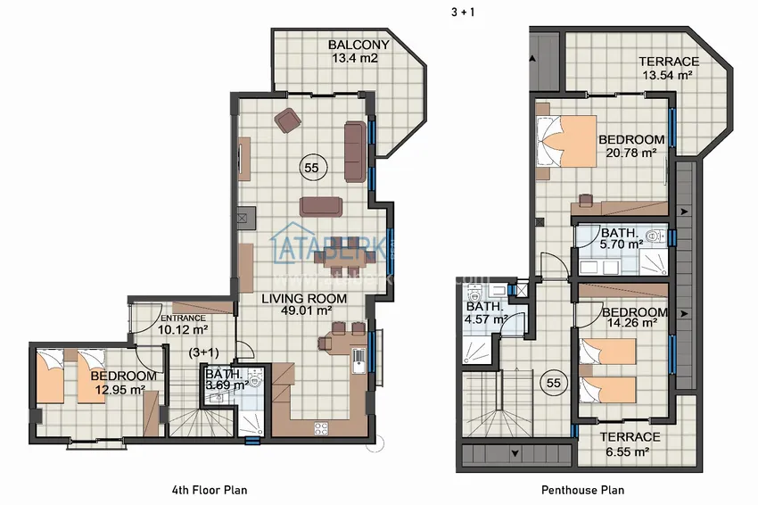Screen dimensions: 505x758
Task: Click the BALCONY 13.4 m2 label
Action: point(358,52)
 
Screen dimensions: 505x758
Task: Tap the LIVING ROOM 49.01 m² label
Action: point(298,304)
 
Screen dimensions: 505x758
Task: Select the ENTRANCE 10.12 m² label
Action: point(182,324)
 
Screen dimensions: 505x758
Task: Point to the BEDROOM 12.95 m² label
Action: point(124,383)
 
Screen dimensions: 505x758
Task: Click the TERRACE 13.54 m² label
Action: point(668,69)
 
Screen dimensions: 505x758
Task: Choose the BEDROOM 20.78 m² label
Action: point(631,146)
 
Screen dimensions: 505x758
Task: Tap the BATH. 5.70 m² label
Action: point(622,238)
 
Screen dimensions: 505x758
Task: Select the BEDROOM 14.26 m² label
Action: point(634,319)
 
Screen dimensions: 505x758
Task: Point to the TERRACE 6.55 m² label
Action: point(630,443)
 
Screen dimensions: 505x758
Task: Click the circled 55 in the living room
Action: point(310,167)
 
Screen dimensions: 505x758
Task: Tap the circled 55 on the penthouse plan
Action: point(553,383)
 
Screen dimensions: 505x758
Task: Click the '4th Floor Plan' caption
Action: point(209,490)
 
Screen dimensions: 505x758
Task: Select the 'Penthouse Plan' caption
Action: point(582,490)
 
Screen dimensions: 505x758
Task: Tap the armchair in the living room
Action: point(288,120)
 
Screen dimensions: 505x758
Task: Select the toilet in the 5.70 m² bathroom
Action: point(655,236)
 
